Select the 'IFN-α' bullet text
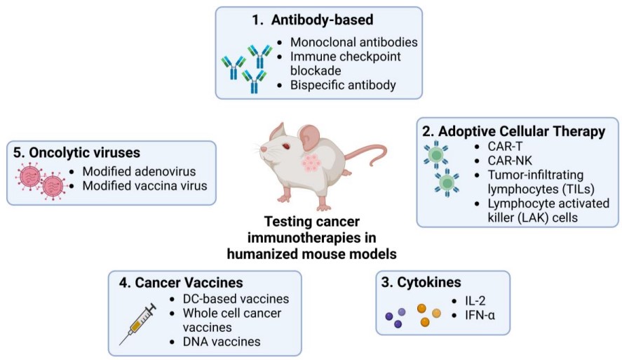480,314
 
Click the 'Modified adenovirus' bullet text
138,172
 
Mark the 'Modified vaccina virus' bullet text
144,186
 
